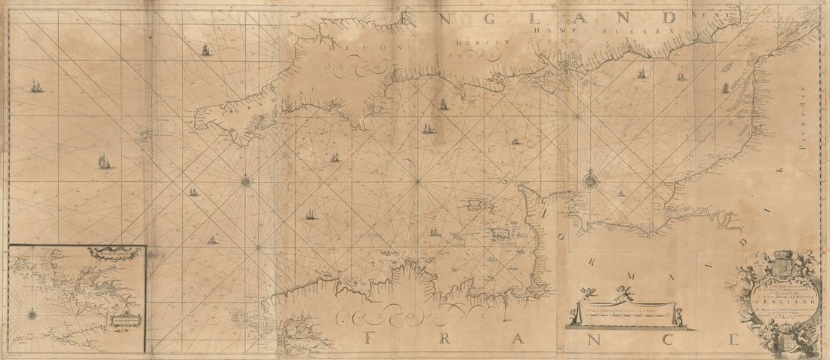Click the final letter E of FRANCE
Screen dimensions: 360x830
point(732,339)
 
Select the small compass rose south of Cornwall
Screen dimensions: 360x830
point(246,180)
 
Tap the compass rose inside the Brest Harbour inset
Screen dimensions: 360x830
point(33,312)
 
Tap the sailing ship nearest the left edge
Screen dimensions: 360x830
point(35,88)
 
